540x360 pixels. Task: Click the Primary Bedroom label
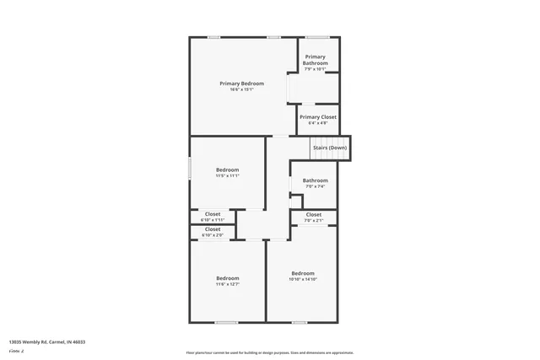point(241,83)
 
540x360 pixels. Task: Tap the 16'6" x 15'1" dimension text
point(241,89)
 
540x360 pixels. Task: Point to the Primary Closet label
point(317,117)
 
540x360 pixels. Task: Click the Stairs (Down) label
point(329,148)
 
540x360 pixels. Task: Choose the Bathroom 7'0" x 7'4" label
point(315,180)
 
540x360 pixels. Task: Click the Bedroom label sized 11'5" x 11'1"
point(227,169)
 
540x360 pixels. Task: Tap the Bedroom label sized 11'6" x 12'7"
point(227,278)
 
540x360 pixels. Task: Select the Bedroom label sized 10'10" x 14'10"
point(303,273)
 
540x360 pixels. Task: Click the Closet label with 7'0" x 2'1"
point(313,214)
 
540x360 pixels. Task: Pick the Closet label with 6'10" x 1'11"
point(213,214)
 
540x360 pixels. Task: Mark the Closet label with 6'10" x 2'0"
point(213,229)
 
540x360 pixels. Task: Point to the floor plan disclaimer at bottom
point(269,352)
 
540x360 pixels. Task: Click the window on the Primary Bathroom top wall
point(317,37)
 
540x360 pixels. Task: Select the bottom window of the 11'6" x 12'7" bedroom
point(225,321)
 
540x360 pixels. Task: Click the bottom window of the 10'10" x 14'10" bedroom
point(300,321)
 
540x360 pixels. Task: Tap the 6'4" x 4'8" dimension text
point(317,123)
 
